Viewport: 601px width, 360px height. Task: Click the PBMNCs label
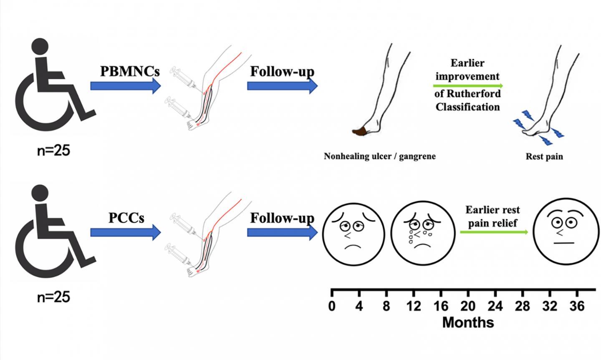[130, 70]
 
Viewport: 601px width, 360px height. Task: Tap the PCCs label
[126, 217]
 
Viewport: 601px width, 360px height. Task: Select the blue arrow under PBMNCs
[125, 86]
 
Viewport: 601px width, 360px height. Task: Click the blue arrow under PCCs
[125, 232]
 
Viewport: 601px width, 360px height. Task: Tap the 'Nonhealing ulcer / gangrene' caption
[379, 156]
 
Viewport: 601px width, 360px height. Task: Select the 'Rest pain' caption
[544, 157]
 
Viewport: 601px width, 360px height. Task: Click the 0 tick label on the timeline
[332, 307]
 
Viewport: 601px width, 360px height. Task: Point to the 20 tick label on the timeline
[468, 307]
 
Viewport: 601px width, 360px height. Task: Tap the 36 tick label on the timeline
[577, 307]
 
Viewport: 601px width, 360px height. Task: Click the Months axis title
[468, 322]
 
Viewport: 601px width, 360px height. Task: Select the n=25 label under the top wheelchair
[53, 150]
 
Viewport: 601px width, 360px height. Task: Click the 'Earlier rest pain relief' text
[492, 216]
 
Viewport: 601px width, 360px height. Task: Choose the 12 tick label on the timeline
[413, 307]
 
